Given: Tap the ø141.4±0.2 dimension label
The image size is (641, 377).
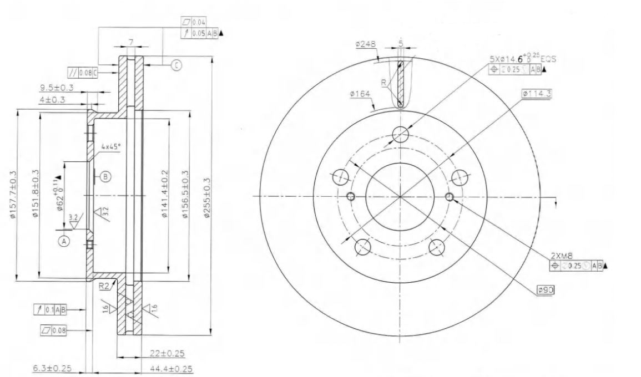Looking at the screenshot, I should pos(164,197).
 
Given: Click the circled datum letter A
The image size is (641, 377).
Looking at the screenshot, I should pos(64,241).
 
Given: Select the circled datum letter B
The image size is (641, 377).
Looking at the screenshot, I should pos(105,176).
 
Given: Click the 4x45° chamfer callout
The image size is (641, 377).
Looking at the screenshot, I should pos(110,147).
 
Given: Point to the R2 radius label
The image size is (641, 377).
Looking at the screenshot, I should pos(104,286).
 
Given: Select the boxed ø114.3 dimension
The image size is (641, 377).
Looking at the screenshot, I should pos(536,93).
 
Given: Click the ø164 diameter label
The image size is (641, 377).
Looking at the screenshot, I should pos(360,94).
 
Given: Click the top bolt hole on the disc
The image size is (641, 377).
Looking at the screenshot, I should pos(400,134).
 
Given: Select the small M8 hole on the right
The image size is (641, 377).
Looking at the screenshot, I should pos(450,196).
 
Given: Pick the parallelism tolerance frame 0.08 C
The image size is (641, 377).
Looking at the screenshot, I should pos(81,72).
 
